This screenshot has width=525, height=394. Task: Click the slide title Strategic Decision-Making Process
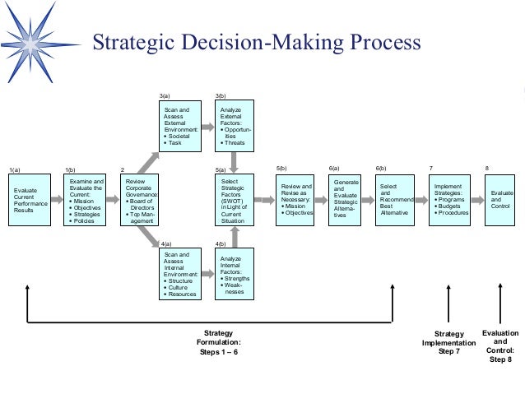coord(255,43)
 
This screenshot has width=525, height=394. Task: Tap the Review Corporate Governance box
coord(138,199)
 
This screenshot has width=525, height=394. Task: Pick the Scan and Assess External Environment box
coord(179,125)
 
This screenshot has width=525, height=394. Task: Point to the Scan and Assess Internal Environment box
coord(179,275)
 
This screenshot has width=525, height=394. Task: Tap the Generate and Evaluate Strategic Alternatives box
coord(346,199)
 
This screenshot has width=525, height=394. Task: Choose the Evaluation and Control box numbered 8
coord(500,199)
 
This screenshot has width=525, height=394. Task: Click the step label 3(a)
coord(165,96)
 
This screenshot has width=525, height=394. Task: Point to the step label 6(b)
coord(381,168)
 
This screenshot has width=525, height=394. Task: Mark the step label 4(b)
coord(221,244)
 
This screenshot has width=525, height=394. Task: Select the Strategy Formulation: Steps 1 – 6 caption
coord(219,341)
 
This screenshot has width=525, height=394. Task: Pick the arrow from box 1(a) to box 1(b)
coord(57,199)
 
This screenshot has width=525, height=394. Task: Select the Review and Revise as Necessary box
coord(296,199)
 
